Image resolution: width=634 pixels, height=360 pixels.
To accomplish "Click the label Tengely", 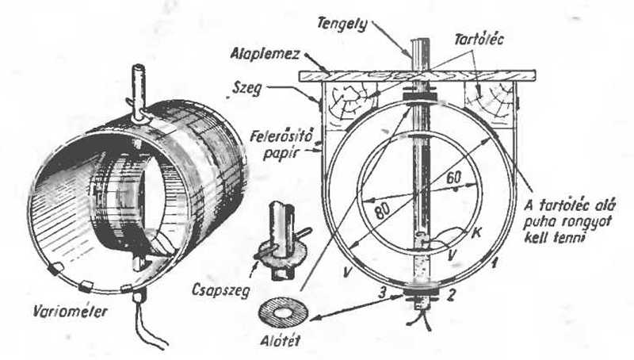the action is pyautogui.click(x=342, y=24).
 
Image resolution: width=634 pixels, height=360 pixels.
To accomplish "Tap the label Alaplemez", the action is pyautogui.click(x=265, y=54).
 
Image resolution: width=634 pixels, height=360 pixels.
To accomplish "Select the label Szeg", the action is pyautogui.click(x=246, y=89).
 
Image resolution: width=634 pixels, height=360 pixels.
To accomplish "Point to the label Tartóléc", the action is pyautogui.click(x=479, y=39).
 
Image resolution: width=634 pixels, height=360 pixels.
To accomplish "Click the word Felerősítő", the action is pyautogui.click(x=281, y=136).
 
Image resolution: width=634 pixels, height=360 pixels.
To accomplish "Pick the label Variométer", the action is pyautogui.click(x=71, y=311).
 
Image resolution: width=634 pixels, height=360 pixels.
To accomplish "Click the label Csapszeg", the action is pyautogui.click(x=221, y=290).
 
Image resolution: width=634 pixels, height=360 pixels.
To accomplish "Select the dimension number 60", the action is pyautogui.click(x=453, y=178).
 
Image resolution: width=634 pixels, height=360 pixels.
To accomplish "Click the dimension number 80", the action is pyautogui.click(x=382, y=210).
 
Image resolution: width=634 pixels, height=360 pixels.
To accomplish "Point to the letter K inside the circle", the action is pyautogui.click(x=476, y=233).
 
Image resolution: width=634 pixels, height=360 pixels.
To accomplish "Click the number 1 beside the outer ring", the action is pyautogui.click(x=493, y=264).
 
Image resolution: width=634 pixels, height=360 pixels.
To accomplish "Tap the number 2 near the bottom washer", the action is pyautogui.click(x=452, y=295).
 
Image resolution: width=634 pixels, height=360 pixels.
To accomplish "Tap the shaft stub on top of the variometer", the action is pyautogui.click(x=138, y=93).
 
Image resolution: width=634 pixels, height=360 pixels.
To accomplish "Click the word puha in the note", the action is pyautogui.click(x=539, y=222).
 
